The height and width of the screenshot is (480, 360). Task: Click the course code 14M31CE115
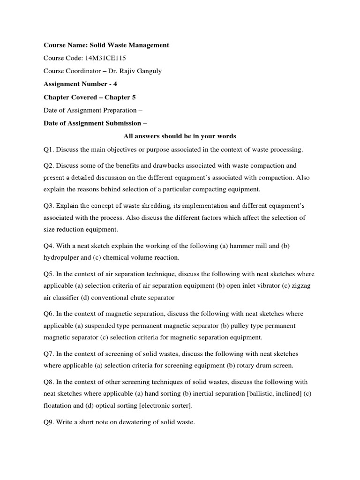click(106, 58)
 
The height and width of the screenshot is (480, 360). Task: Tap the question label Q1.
click(49, 150)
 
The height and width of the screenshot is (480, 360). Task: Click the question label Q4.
click(49, 246)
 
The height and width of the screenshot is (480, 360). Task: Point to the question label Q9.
click(49, 422)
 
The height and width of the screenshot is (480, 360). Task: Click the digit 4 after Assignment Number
click(115, 84)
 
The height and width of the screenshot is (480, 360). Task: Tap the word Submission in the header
click(119, 123)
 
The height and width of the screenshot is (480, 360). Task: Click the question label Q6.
click(49, 313)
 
